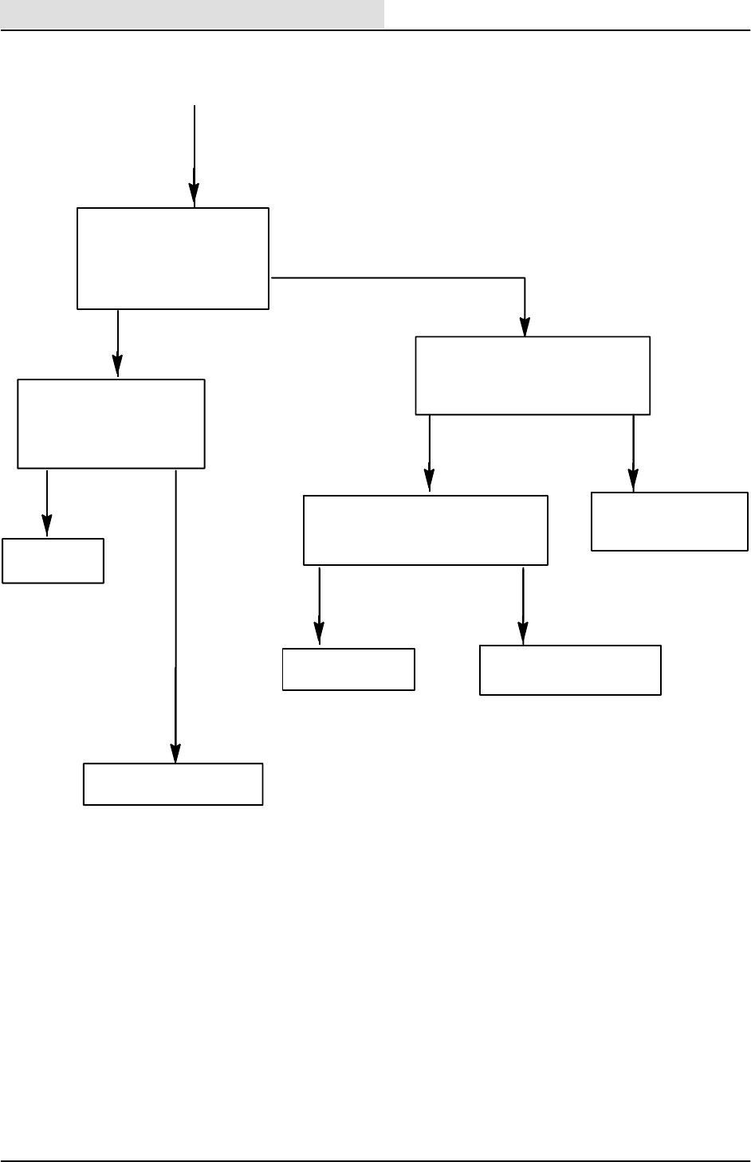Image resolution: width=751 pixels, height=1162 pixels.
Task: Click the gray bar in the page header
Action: (x=192, y=14)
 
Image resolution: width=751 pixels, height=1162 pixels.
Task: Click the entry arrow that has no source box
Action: (x=195, y=151)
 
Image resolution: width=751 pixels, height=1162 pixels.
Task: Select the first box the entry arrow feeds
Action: (x=173, y=258)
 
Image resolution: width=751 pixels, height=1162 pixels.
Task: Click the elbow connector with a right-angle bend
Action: (x=399, y=278)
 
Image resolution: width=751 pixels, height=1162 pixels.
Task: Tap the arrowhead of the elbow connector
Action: (x=525, y=328)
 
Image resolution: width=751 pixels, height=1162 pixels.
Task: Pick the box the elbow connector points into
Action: (x=533, y=375)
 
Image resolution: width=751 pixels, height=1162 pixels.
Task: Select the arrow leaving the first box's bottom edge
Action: (x=118, y=343)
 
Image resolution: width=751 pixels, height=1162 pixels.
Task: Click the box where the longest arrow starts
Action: (x=111, y=423)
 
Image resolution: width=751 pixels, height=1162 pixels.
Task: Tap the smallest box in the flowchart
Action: (x=53, y=560)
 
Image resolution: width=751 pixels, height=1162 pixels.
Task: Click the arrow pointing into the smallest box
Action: (x=47, y=503)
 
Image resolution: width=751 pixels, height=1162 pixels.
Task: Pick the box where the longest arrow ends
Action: (x=173, y=784)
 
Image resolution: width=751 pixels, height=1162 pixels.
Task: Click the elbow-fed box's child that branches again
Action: (x=426, y=530)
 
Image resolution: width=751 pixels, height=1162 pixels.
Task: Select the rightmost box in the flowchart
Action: (x=670, y=521)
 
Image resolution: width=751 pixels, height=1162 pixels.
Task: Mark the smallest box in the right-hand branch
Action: (x=348, y=669)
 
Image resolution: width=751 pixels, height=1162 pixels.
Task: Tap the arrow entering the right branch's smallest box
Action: (x=320, y=605)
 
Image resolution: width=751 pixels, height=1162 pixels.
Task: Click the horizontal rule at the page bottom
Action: (x=375, y=1160)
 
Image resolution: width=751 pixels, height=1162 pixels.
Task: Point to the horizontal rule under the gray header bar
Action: (x=375, y=31)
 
